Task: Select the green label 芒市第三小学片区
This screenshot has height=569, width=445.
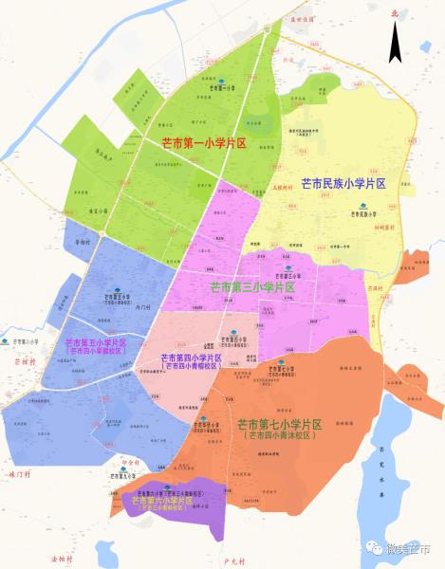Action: point(251,286)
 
